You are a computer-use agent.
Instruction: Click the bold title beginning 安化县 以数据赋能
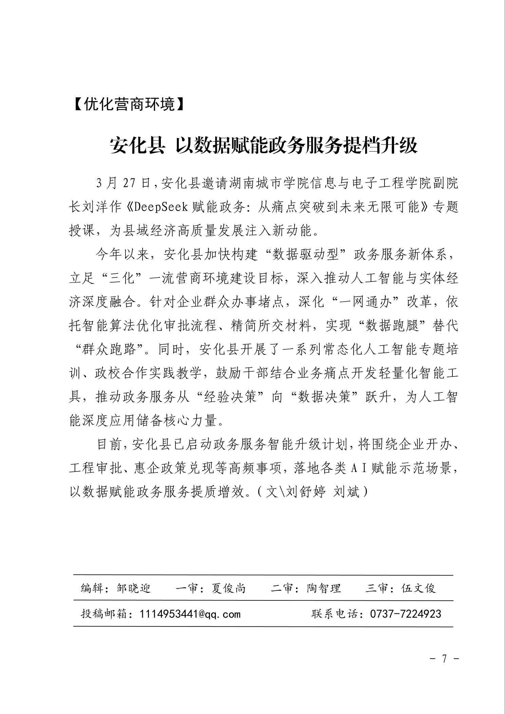point(264,146)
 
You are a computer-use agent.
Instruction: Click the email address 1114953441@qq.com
point(190,614)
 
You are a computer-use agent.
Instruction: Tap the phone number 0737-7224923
point(406,614)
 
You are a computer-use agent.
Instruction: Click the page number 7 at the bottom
point(444,659)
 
